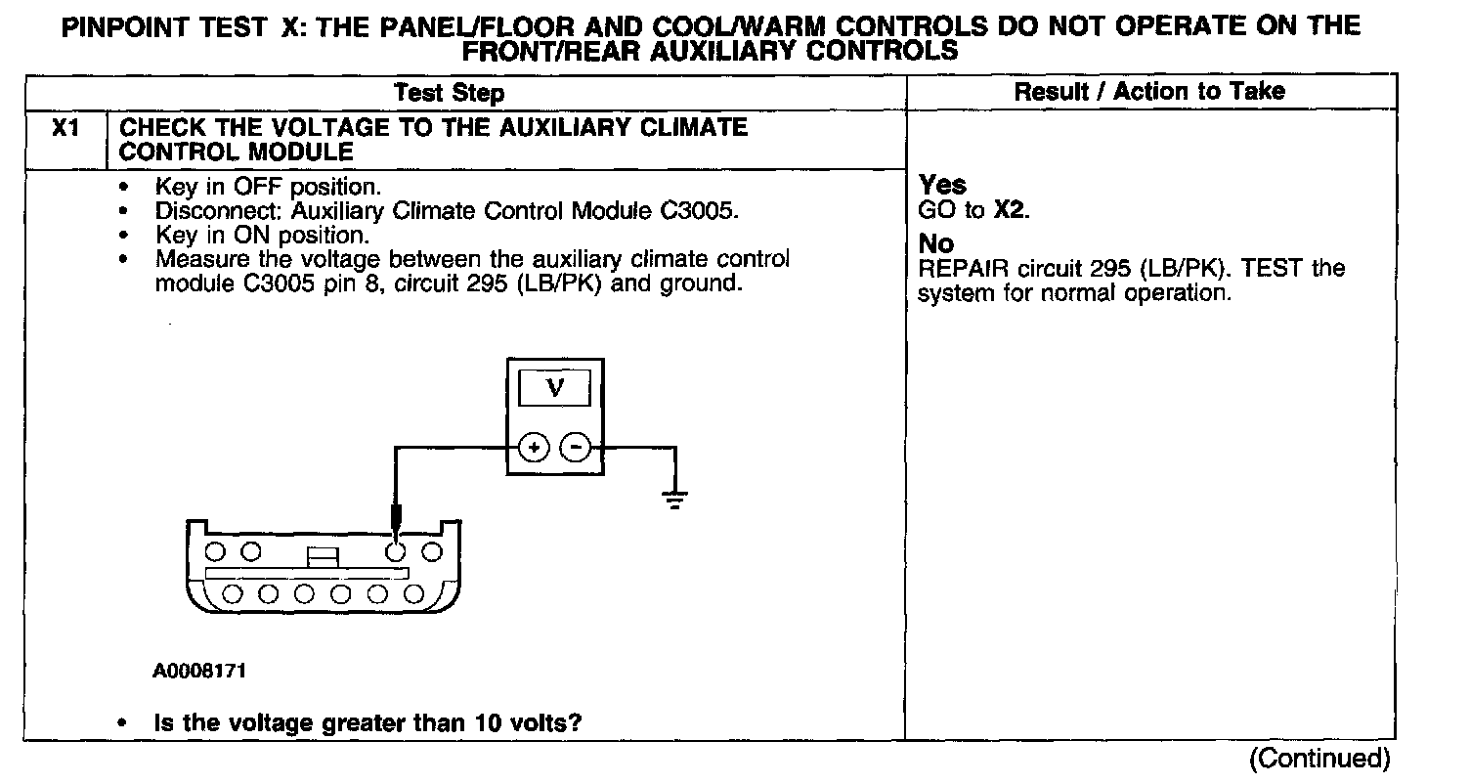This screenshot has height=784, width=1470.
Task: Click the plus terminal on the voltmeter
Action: pos(534,449)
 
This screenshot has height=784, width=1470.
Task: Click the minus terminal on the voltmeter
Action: pos(575,449)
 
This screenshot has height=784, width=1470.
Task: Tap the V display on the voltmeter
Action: pos(554,388)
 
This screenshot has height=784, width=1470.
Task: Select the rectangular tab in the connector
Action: pos(323,555)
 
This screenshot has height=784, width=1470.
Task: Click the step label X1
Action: pos(65,128)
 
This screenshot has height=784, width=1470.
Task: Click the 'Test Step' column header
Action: pos(450,93)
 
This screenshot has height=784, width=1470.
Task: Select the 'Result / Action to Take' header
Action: pos(1149,92)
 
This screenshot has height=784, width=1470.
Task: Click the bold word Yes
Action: pos(943,185)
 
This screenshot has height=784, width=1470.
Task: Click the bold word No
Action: pos(936,243)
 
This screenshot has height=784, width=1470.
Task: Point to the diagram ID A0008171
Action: pos(199,672)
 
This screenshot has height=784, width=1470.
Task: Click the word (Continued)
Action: pos(1319,759)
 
